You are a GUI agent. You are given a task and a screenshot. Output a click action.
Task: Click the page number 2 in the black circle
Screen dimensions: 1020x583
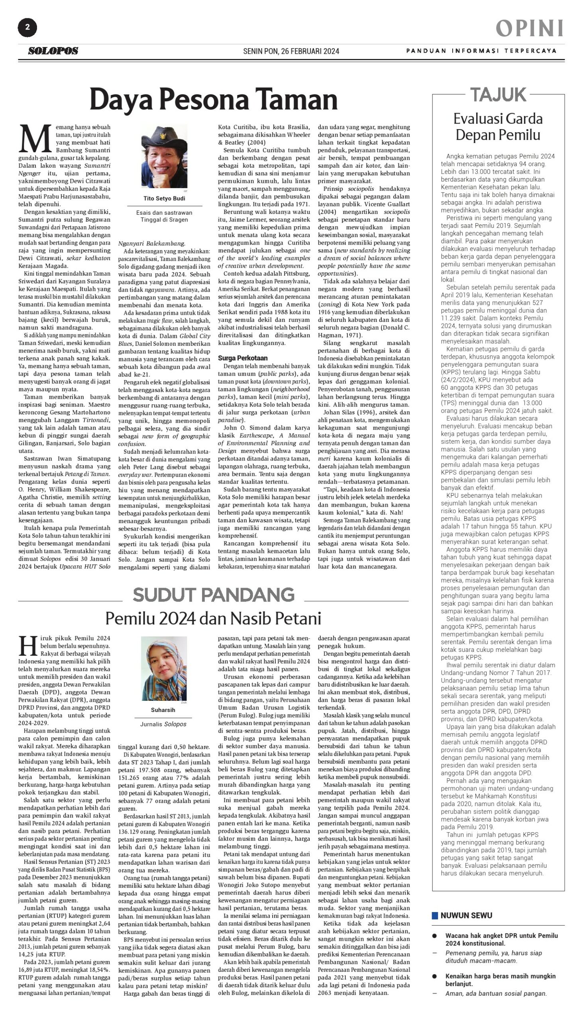click(x=27, y=27)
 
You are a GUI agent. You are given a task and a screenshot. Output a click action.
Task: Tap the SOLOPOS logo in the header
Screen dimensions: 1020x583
click(x=53, y=51)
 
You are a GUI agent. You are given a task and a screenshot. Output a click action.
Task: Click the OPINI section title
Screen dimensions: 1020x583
click(x=529, y=28)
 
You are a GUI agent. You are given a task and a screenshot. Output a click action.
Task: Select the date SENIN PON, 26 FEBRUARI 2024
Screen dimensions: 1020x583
click(x=291, y=51)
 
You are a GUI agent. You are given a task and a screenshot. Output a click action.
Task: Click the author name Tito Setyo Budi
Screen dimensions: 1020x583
click(x=164, y=198)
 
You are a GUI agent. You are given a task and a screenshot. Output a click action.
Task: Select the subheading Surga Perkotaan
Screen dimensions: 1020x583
click(x=243, y=358)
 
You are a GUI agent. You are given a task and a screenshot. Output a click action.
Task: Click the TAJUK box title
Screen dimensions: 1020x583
click(x=498, y=94)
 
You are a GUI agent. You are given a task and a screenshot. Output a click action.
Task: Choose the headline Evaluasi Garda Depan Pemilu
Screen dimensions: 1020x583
click(x=498, y=126)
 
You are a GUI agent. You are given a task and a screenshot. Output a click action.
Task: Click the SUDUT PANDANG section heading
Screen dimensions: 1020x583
click(x=214, y=595)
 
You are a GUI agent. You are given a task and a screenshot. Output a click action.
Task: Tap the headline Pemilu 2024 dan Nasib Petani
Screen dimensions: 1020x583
click(x=214, y=618)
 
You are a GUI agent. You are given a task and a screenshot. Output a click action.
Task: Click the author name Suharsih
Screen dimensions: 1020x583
click(x=163, y=710)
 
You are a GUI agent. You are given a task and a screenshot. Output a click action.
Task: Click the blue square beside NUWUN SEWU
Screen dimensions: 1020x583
click(x=435, y=916)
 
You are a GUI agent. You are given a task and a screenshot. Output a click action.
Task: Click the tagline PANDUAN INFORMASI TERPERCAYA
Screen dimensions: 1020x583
click(x=481, y=51)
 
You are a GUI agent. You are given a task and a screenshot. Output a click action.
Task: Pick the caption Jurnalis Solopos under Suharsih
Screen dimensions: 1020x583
click(x=163, y=724)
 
